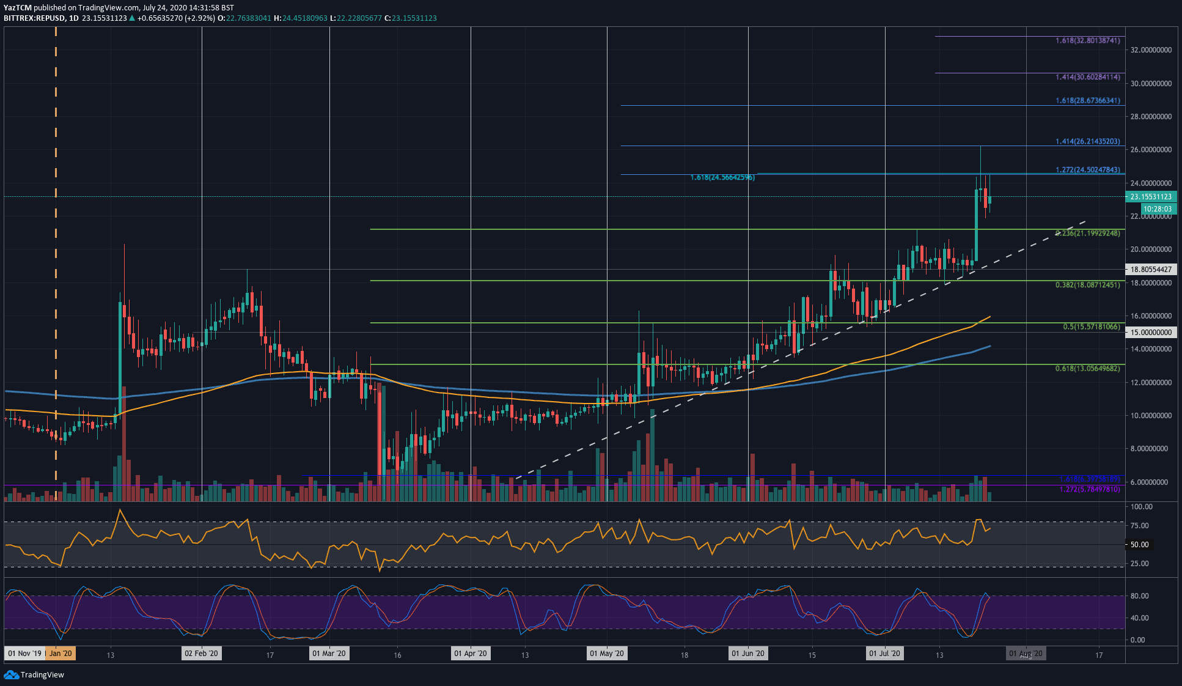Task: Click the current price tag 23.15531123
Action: point(1151,197)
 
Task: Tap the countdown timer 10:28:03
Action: point(1157,209)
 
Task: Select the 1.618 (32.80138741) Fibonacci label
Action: point(1088,40)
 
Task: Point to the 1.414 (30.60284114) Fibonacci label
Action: point(1088,77)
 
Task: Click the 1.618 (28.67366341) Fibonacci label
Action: point(1088,100)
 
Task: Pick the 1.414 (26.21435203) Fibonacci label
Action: point(1088,141)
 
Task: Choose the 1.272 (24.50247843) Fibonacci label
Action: point(1088,169)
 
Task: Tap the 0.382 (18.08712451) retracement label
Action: point(1088,285)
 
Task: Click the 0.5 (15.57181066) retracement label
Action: point(1092,327)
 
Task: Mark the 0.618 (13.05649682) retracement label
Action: point(1088,369)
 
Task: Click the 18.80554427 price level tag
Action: point(1151,270)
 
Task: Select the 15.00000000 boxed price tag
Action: point(1151,333)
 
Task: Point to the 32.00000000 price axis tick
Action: point(1151,50)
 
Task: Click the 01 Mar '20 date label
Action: point(329,654)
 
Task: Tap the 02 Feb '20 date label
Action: point(201,654)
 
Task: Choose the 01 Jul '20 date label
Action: point(884,654)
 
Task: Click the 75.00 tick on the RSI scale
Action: point(1139,526)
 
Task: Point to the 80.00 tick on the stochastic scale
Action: point(1139,596)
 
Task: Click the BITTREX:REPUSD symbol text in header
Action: point(33,18)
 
